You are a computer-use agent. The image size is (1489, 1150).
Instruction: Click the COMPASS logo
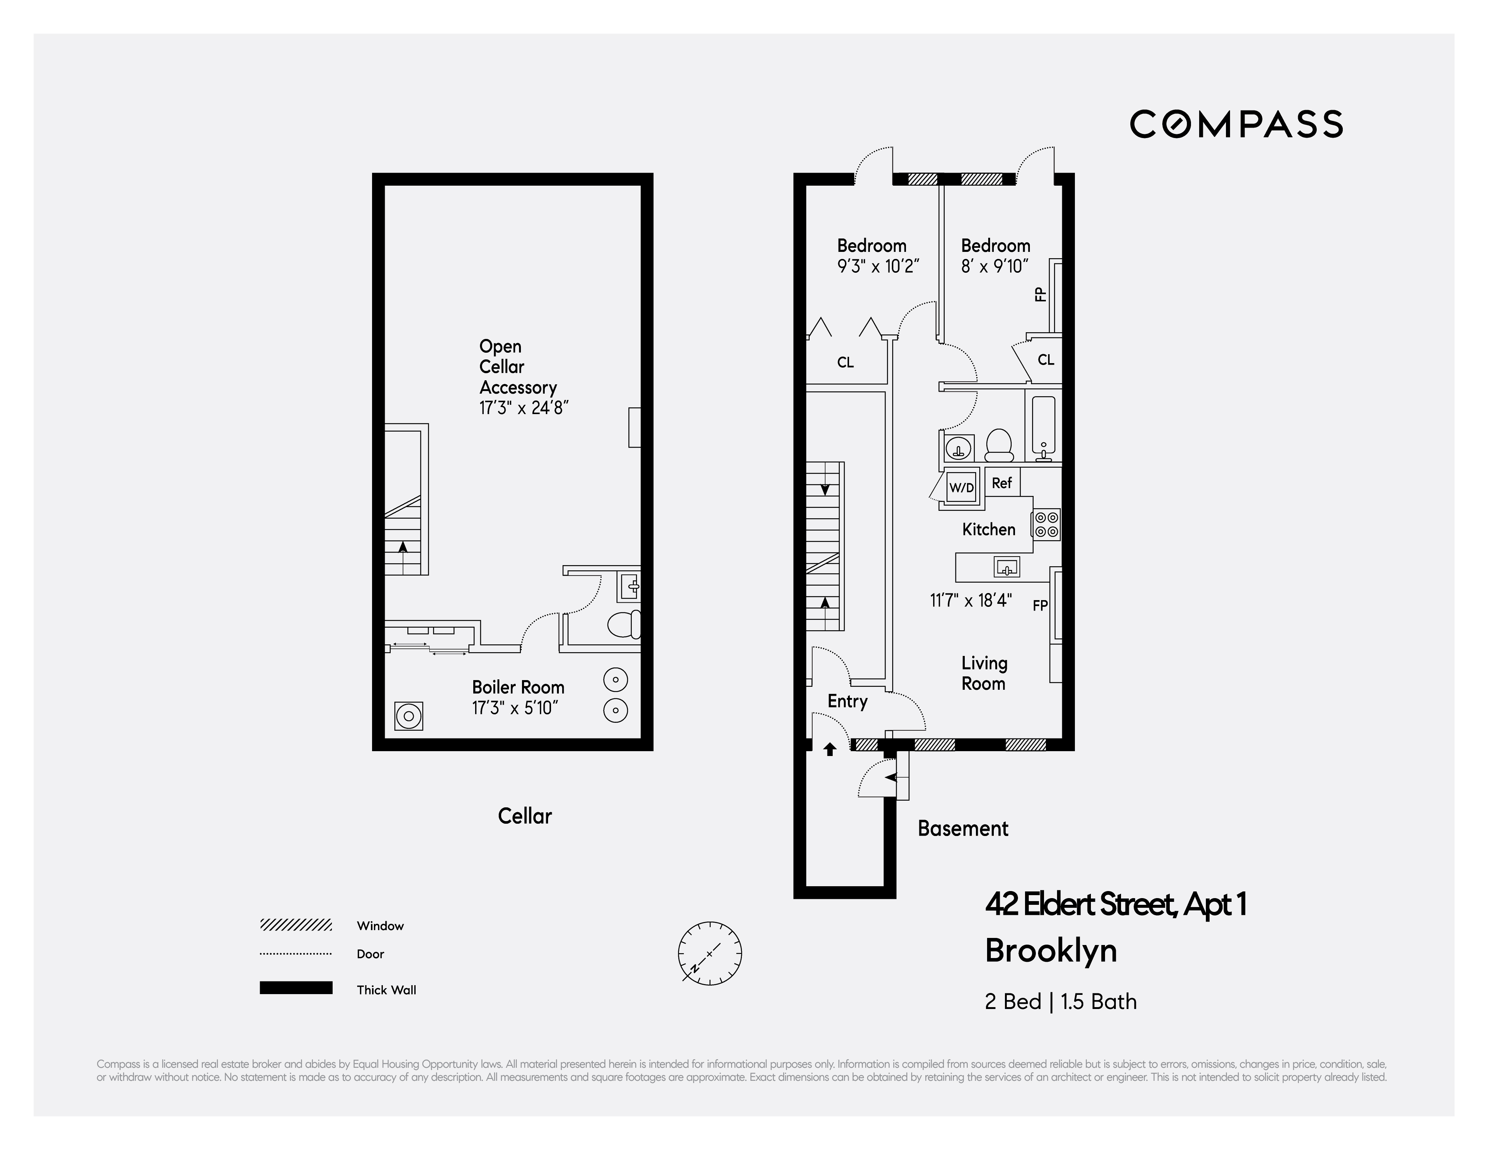tap(1236, 124)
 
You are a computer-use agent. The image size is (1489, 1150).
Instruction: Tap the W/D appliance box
tap(961, 487)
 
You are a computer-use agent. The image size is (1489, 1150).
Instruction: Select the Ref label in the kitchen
tap(1002, 483)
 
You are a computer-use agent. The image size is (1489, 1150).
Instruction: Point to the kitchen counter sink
tap(1006, 567)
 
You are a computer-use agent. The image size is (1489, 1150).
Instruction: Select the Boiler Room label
tap(518, 687)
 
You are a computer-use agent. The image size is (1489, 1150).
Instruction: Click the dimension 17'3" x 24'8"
tap(523, 408)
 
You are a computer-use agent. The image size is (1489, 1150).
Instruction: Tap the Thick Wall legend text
tap(386, 990)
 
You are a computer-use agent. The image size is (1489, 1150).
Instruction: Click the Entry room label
tap(848, 701)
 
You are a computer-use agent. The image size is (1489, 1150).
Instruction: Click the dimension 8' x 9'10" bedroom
tap(995, 266)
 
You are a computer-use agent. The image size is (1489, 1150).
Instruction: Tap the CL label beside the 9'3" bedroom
tap(845, 363)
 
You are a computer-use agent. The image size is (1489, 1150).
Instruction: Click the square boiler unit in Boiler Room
tap(409, 716)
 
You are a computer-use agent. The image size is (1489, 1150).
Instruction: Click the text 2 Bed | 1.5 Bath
tap(1060, 1002)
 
